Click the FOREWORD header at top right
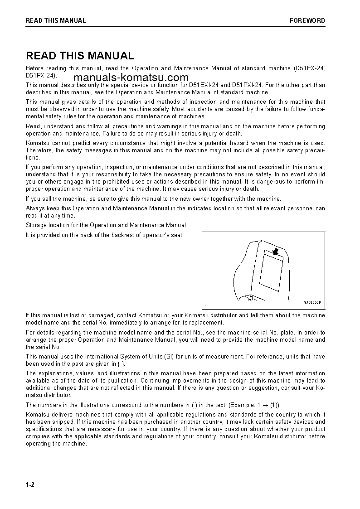(x=307, y=20)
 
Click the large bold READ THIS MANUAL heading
(x=80, y=56)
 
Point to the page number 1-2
(x=30, y=485)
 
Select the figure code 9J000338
(x=312, y=302)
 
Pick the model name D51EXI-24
(x=204, y=85)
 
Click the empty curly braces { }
(x=119, y=364)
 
